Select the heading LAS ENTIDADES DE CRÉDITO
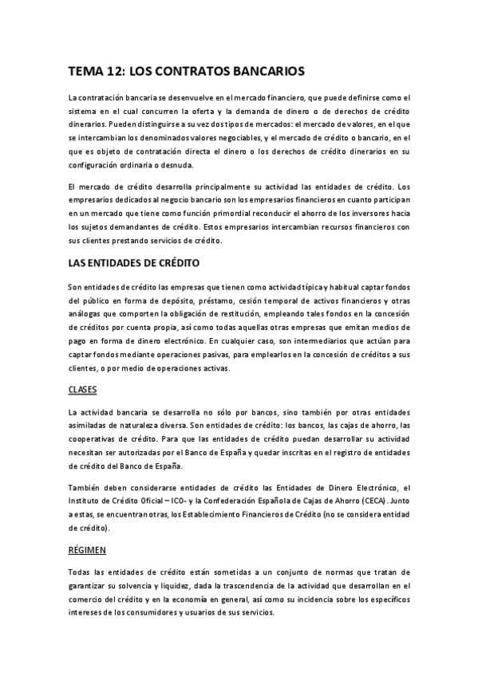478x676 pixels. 134,262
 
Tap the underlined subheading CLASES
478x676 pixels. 82,390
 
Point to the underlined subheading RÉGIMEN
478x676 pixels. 86,549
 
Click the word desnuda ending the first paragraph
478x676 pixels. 176,165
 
